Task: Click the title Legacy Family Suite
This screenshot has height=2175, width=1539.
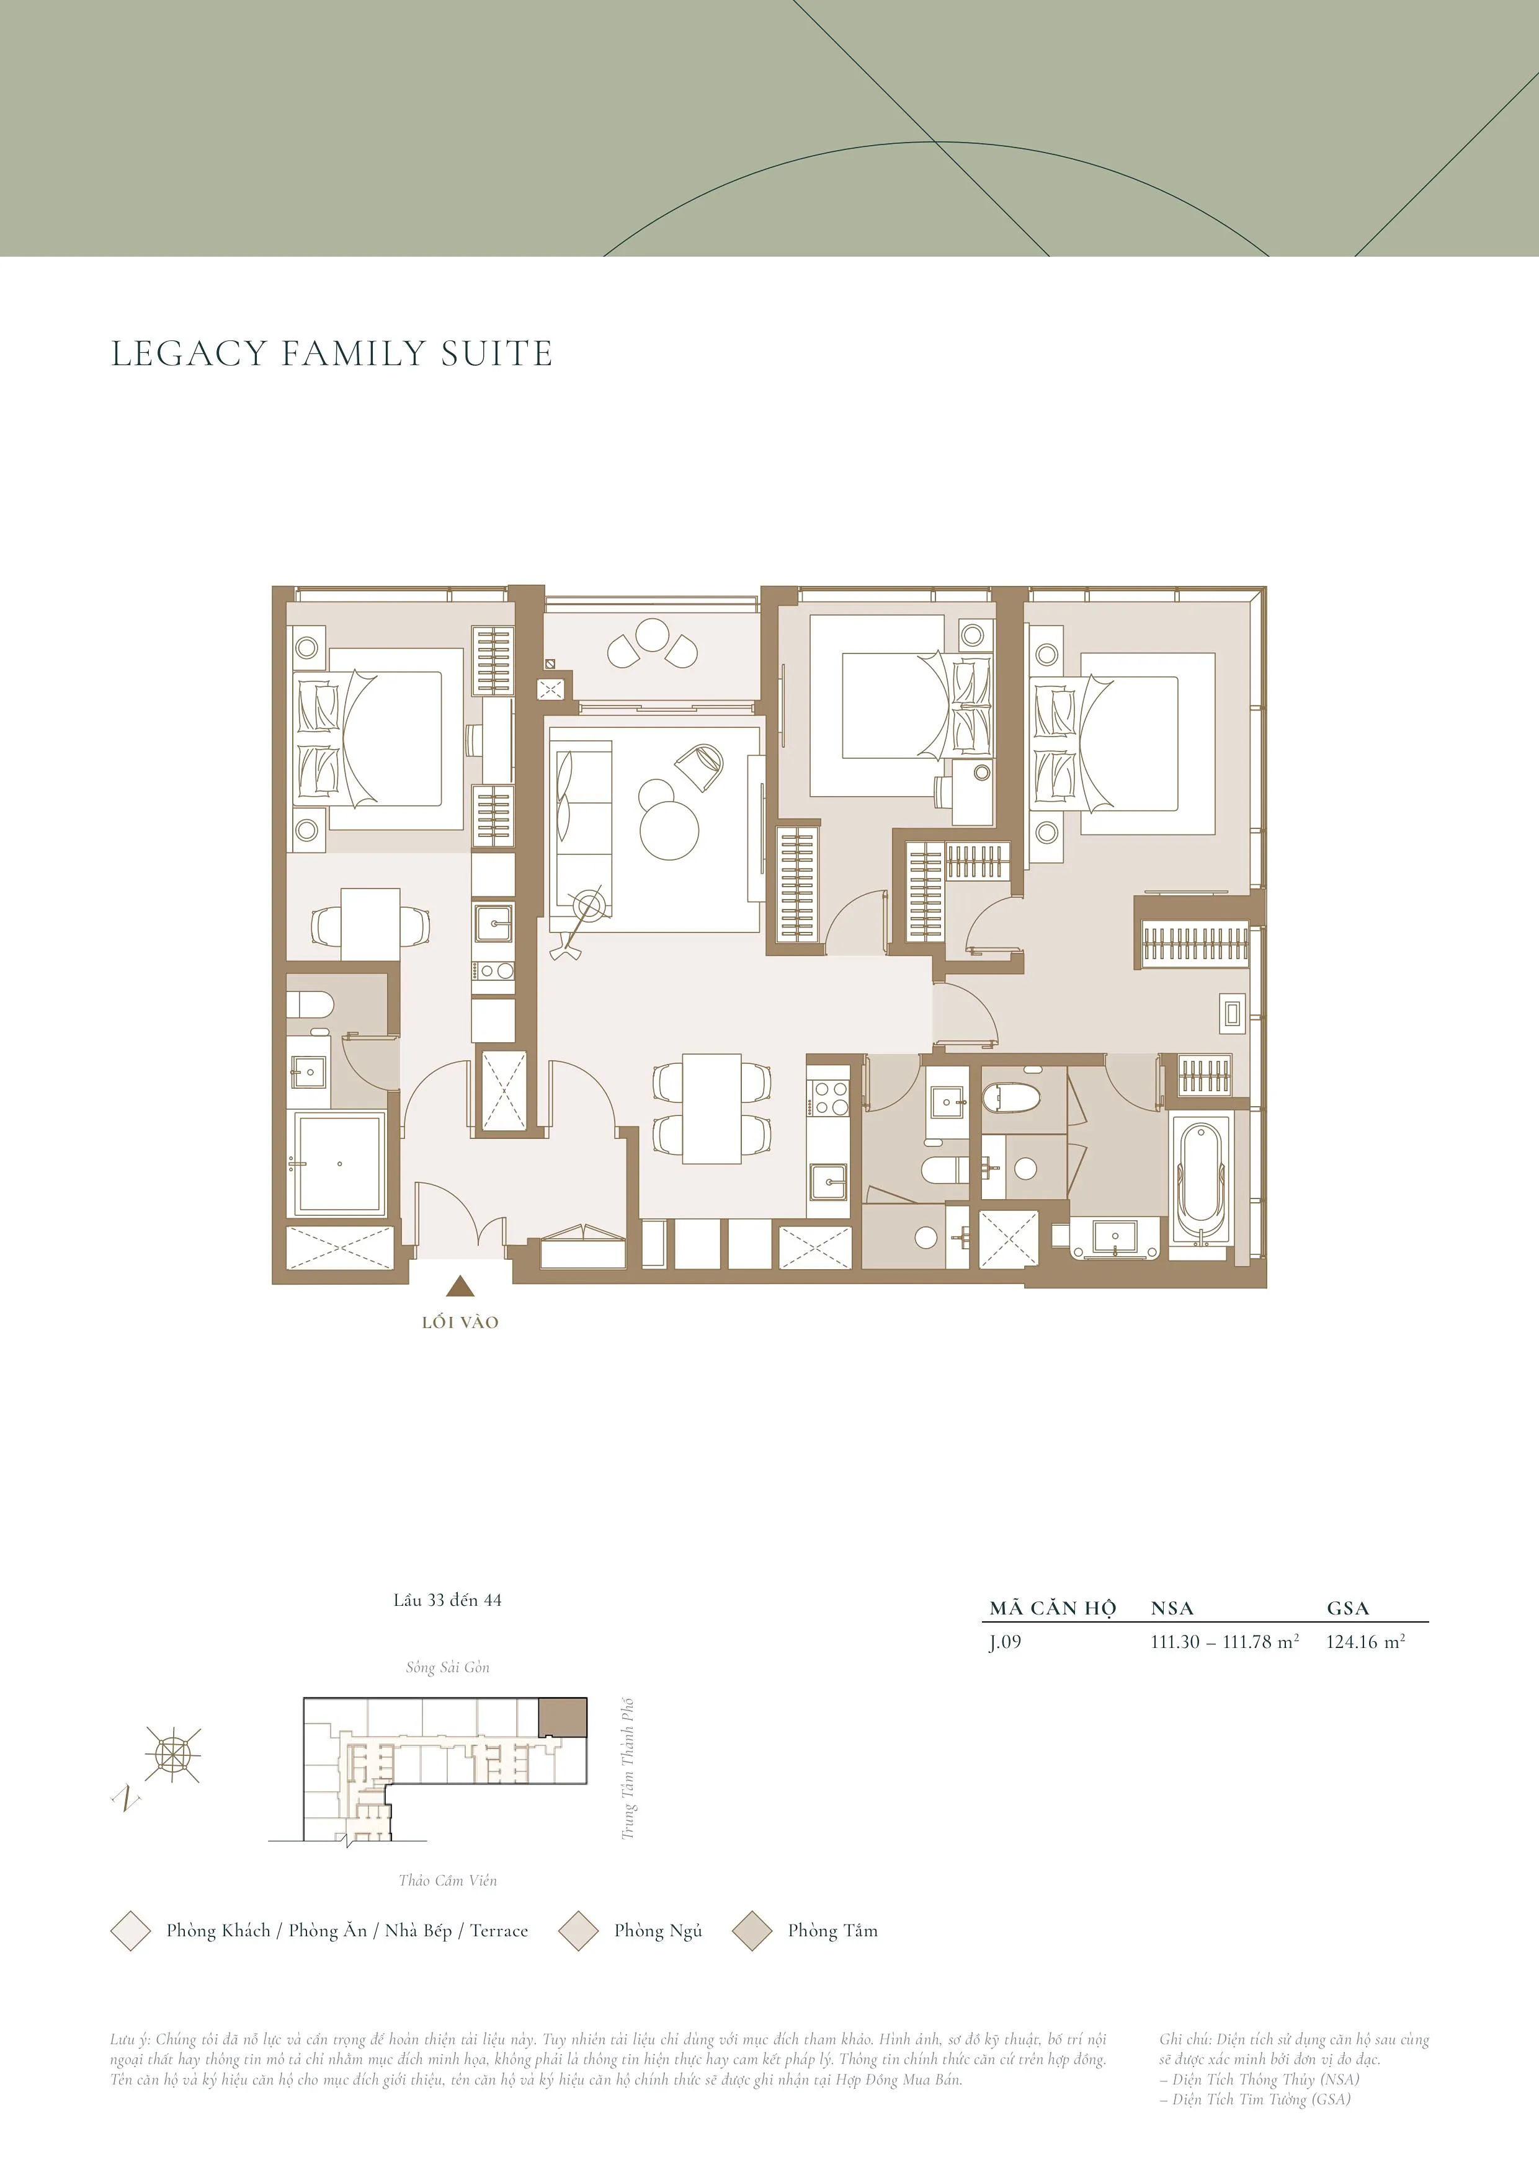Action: [x=332, y=353]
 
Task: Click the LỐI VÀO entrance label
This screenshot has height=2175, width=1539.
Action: [x=460, y=1322]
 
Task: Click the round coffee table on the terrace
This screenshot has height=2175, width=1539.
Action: [x=652, y=635]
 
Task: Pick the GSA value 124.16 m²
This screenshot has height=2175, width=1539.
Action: [x=1365, y=1642]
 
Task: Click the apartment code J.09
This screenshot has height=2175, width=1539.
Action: [x=1006, y=1642]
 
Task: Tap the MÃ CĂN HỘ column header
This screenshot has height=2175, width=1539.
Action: [x=1053, y=1608]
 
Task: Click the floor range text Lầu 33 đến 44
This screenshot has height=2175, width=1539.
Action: [x=447, y=1600]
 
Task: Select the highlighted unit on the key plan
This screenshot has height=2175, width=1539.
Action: [x=563, y=1717]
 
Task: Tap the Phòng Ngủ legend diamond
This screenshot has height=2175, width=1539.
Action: [x=578, y=1931]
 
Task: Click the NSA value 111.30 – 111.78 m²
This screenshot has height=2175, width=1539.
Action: [x=1225, y=1642]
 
